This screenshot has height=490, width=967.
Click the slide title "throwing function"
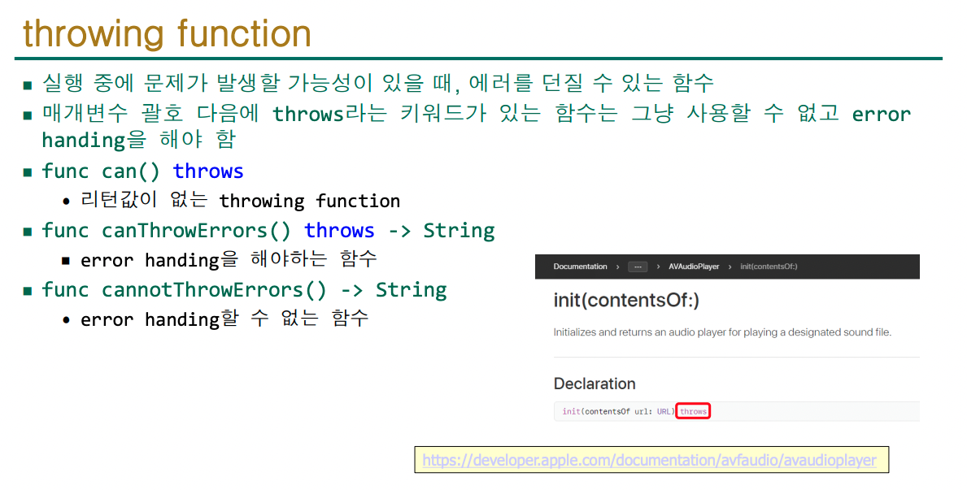coord(167,33)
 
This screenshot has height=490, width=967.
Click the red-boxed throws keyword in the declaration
coord(693,411)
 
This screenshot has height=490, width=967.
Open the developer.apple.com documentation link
coord(649,461)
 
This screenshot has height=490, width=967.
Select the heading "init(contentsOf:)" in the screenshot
coord(626,301)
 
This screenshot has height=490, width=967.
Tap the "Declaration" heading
coord(595,384)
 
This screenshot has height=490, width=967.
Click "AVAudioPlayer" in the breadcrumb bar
coord(694,267)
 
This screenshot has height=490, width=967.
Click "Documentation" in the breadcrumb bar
coord(580,267)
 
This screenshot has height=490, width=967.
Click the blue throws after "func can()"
coord(208,171)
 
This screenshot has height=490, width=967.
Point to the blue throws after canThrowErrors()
coord(339,231)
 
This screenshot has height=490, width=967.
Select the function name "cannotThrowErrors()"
coord(214,290)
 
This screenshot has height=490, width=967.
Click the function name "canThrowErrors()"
coord(196,231)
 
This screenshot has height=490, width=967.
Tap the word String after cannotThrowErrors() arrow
coord(412,290)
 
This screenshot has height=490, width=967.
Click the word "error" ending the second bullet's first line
coord(882,114)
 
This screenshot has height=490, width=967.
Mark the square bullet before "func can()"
coord(27,172)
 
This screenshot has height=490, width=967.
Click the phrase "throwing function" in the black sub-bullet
coord(310,201)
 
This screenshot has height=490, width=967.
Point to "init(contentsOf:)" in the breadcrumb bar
coord(769,267)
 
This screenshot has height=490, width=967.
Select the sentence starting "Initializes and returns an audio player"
coord(722,332)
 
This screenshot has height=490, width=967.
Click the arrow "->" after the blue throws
coord(399,231)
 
